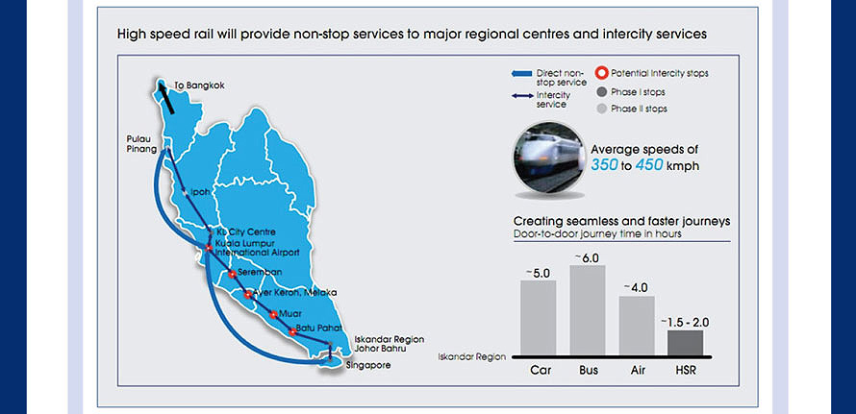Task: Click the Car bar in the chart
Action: [538, 318]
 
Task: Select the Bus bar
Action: [588, 310]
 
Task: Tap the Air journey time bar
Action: [637, 326]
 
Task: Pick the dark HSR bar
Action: [686, 343]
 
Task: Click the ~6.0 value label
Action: [588, 257]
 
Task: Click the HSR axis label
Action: [686, 371]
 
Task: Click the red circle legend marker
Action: [602, 74]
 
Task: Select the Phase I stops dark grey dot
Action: [602, 92]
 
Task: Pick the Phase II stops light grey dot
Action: [602, 109]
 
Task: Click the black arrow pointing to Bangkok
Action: [166, 97]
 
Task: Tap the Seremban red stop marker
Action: [232, 274]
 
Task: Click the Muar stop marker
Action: [273, 315]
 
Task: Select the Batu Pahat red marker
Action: [292, 331]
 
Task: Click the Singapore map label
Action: [368, 365]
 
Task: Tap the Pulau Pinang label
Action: [139, 143]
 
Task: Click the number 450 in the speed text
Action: [649, 164]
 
